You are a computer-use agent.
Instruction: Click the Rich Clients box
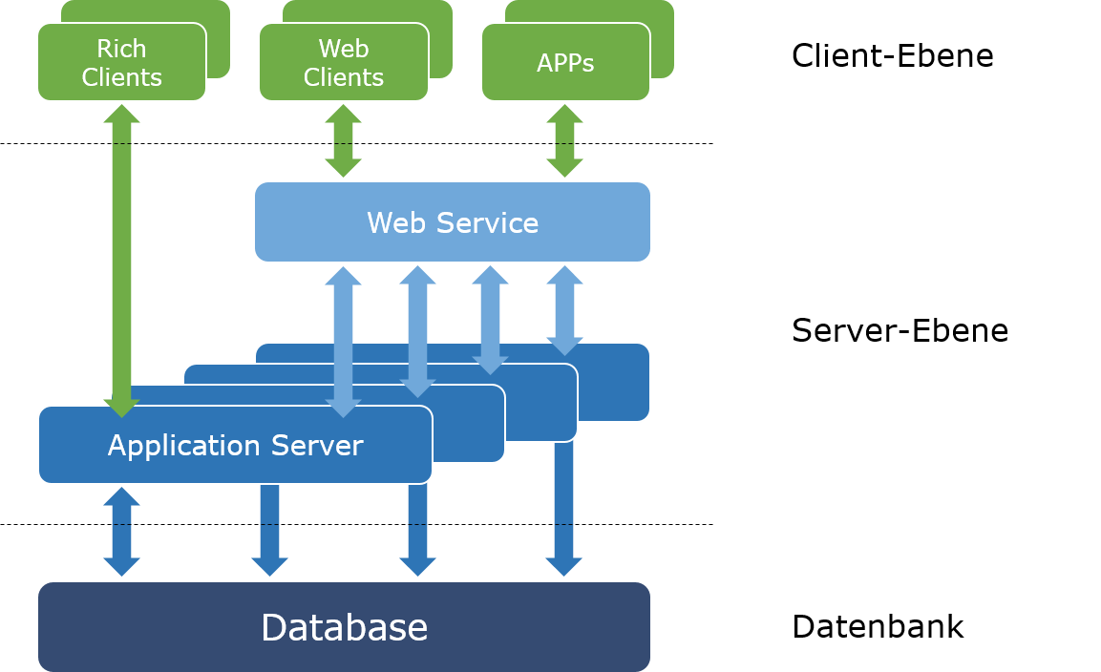coord(121,62)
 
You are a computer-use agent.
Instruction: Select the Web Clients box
coord(343,62)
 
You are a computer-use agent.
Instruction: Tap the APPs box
coord(565,63)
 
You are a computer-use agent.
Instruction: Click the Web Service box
coord(453,222)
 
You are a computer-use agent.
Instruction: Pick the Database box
coord(344,627)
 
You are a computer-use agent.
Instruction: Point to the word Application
coord(182,446)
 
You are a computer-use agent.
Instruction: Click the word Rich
coord(121,49)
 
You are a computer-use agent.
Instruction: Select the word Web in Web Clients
coord(344,49)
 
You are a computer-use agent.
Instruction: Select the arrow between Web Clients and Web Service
coord(343,141)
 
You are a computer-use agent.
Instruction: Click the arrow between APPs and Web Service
coord(564,141)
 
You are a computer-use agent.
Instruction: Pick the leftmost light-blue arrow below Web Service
coord(343,339)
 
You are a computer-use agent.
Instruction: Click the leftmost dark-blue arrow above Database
coord(121,532)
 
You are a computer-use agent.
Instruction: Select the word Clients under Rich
coord(121,77)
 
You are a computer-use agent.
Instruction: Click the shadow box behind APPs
coord(663,38)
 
